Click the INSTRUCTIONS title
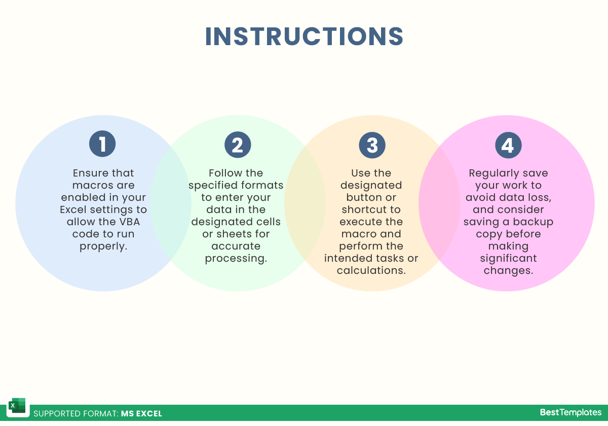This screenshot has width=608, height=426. point(304,37)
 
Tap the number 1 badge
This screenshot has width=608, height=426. point(102,144)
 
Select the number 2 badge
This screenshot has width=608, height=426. point(238,145)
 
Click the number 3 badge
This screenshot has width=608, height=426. point(372,145)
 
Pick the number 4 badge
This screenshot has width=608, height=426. point(508,145)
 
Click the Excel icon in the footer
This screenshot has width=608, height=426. point(18,406)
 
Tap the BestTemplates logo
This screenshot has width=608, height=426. point(571,412)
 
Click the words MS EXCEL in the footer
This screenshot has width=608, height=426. point(141,413)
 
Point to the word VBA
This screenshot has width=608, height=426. point(130,222)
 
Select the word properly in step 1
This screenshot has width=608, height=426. point(103,246)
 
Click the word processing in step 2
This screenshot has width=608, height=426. point(236,258)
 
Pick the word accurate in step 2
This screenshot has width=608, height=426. point(236,246)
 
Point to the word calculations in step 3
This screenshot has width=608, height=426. point(371,270)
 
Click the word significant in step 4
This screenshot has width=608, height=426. point(508,258)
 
